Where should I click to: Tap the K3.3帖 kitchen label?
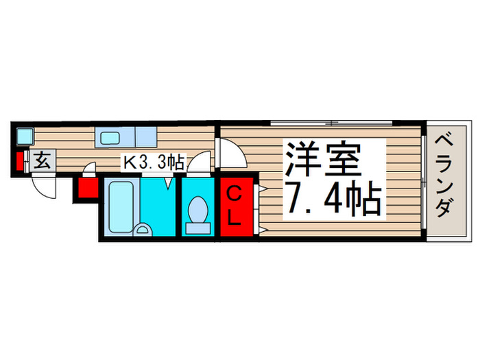pos(152,163)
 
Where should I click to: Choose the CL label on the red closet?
pos(235,206)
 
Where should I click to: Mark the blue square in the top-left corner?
pos(24,135)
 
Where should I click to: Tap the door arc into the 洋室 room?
pos(230,152)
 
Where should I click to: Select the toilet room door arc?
pos(199,163)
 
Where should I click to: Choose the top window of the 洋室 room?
pos(331,123)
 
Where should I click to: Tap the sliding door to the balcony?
pos(424,179)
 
